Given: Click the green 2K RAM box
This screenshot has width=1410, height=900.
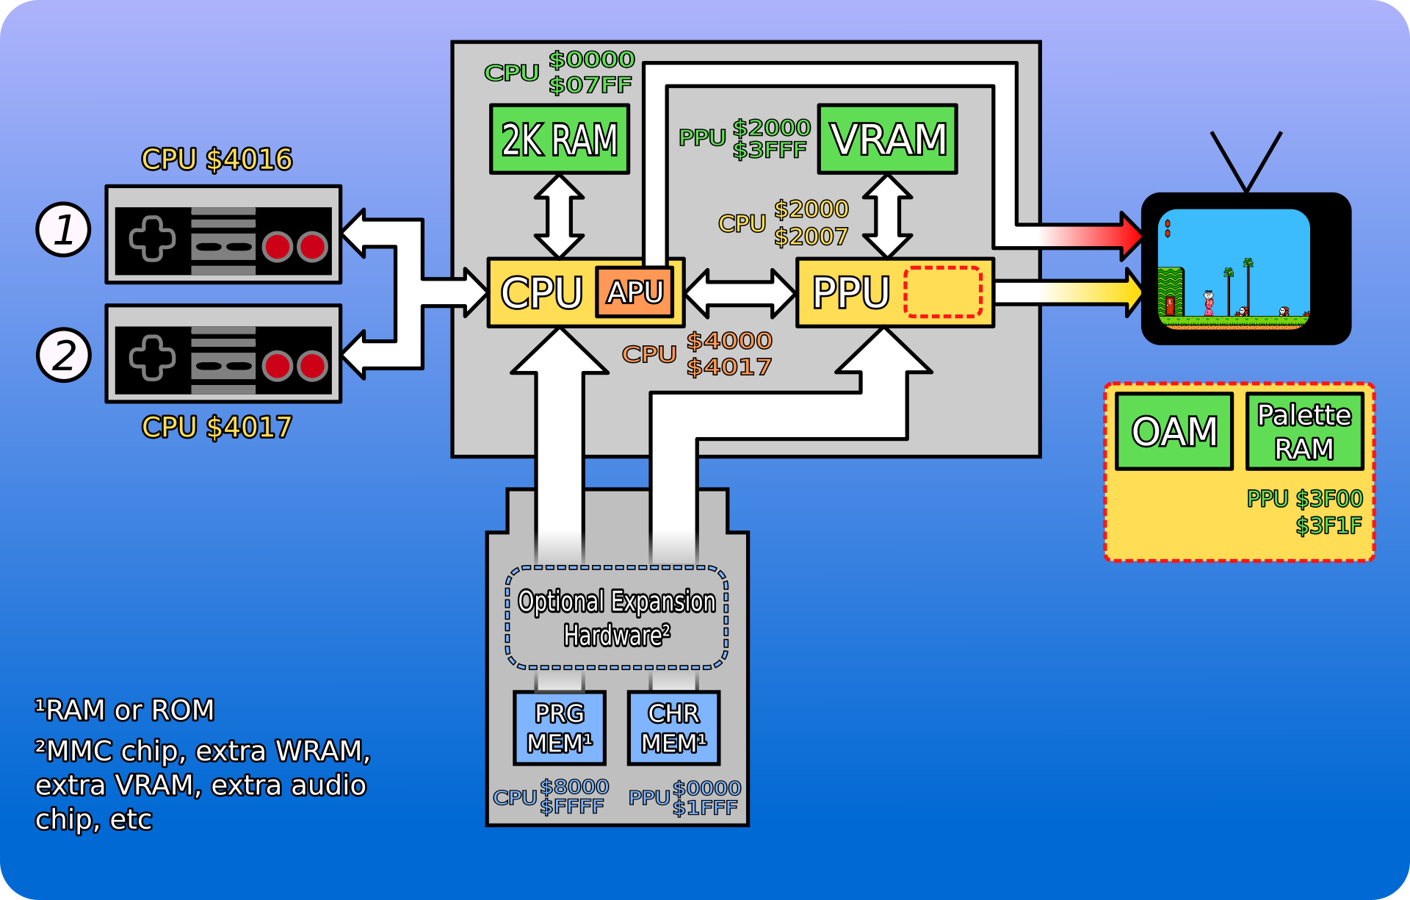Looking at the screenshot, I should [560, 139].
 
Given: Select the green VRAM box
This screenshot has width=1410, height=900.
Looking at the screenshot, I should [887, 139].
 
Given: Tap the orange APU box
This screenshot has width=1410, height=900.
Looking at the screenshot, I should [634, 292].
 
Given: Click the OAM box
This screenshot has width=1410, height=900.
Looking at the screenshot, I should [1174, 431].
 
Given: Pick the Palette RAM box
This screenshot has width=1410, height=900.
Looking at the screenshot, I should [1304, 431].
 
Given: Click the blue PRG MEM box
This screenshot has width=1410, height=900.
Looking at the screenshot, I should [560, 727].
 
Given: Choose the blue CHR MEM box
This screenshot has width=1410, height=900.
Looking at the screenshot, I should [673, 727].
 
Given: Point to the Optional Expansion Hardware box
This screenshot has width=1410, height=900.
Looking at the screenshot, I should [617, 617].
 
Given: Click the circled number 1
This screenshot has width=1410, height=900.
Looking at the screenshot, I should [64, 229].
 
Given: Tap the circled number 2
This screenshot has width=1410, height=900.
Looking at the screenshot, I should [64, 355].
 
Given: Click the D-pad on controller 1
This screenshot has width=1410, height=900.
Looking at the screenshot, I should [152, 239].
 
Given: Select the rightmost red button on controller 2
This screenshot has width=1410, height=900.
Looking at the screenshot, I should [313, 366].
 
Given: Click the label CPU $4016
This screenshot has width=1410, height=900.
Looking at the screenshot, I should [217, 159].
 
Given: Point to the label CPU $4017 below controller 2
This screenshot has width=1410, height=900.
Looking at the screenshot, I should [217, 427].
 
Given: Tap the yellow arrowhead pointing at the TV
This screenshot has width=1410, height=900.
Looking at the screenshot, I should [1131, 292].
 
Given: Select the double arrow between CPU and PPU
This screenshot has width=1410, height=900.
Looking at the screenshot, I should [740, 293].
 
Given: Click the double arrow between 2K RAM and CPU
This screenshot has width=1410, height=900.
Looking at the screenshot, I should [559, 216].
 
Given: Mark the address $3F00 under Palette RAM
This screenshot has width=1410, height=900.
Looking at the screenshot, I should [1329, 499].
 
